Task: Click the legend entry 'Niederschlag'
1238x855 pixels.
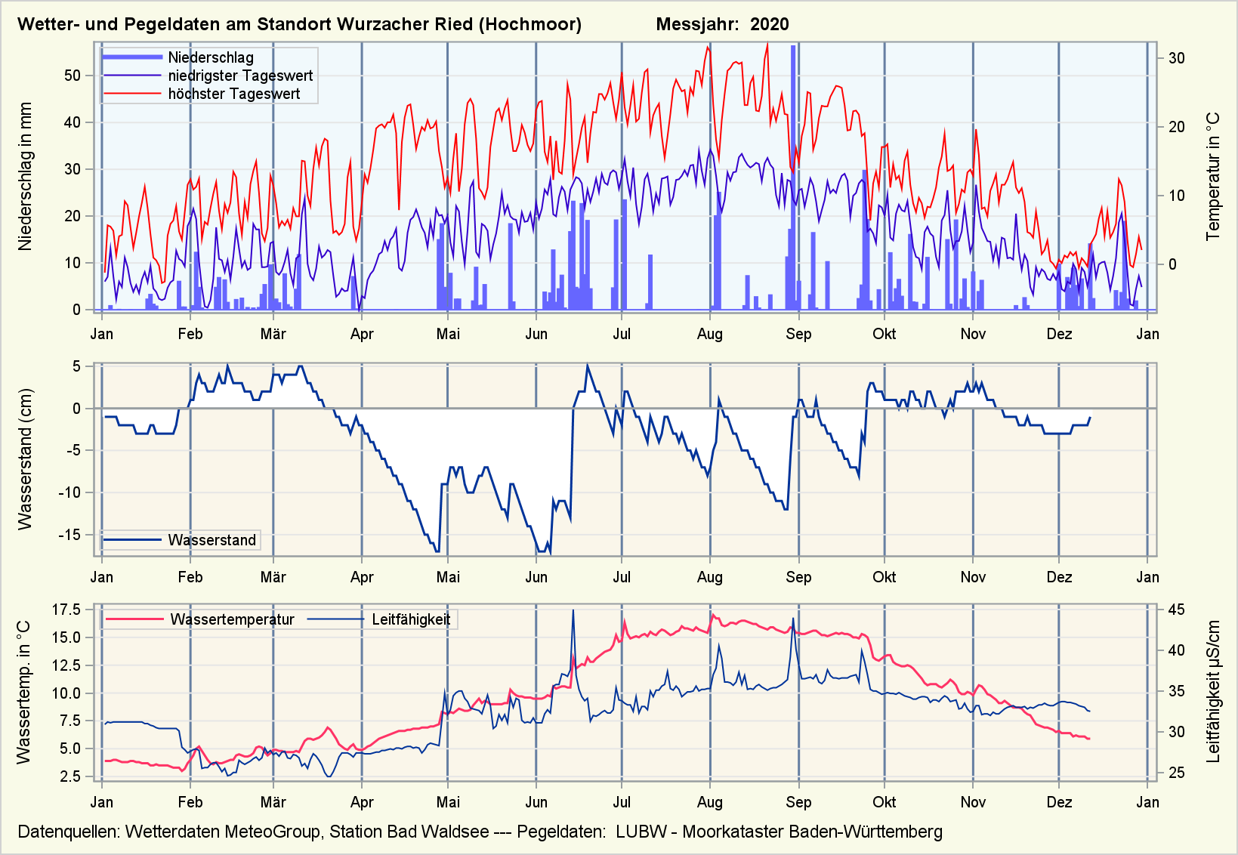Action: coord(210,57)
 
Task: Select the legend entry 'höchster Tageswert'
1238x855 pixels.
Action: coord(233,94)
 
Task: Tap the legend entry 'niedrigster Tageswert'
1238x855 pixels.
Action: coord(239,76)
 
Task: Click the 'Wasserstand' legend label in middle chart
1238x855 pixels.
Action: coord(211,540)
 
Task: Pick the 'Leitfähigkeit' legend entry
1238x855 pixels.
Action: coord(410,619)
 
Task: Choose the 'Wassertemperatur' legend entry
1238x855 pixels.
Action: coord(232,619)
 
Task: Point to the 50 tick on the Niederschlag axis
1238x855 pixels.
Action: coord(73,76)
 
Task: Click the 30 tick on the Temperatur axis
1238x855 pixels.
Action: coord(1177,58)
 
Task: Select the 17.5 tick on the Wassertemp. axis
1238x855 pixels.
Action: coord(66,610)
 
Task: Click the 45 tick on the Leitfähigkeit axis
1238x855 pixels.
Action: coord(1177,610)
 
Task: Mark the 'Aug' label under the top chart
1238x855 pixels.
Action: coord(710,334)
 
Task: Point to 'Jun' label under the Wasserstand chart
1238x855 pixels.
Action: coord(536,577)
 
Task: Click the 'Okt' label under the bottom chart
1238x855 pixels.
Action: coord(884,802)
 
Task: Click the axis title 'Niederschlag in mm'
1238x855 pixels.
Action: coord(26,176)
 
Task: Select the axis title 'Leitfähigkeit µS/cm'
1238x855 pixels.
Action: coord(1214,691)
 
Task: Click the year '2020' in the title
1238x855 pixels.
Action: coord(769,24)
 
